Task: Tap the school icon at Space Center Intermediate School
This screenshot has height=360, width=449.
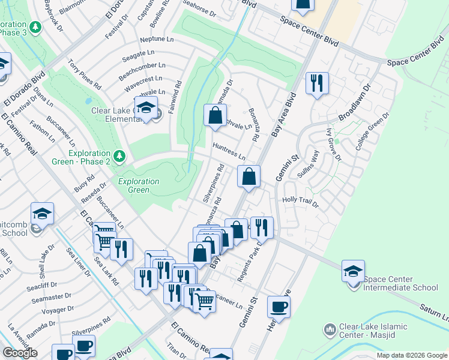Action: click(354, 271)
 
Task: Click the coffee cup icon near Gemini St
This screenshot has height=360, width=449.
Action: click(279, 307)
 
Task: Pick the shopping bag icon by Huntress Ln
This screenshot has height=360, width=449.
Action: click(249, 176)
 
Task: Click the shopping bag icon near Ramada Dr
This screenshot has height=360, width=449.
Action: click(215, 116)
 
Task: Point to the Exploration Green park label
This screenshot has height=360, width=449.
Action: click(139, 185)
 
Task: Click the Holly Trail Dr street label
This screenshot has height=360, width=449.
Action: click(301, 202)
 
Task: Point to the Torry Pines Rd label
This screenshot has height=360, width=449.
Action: click(84, 74)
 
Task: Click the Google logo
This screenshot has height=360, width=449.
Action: click(20, 353)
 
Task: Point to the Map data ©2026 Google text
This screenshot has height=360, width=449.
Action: click(412, 355)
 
